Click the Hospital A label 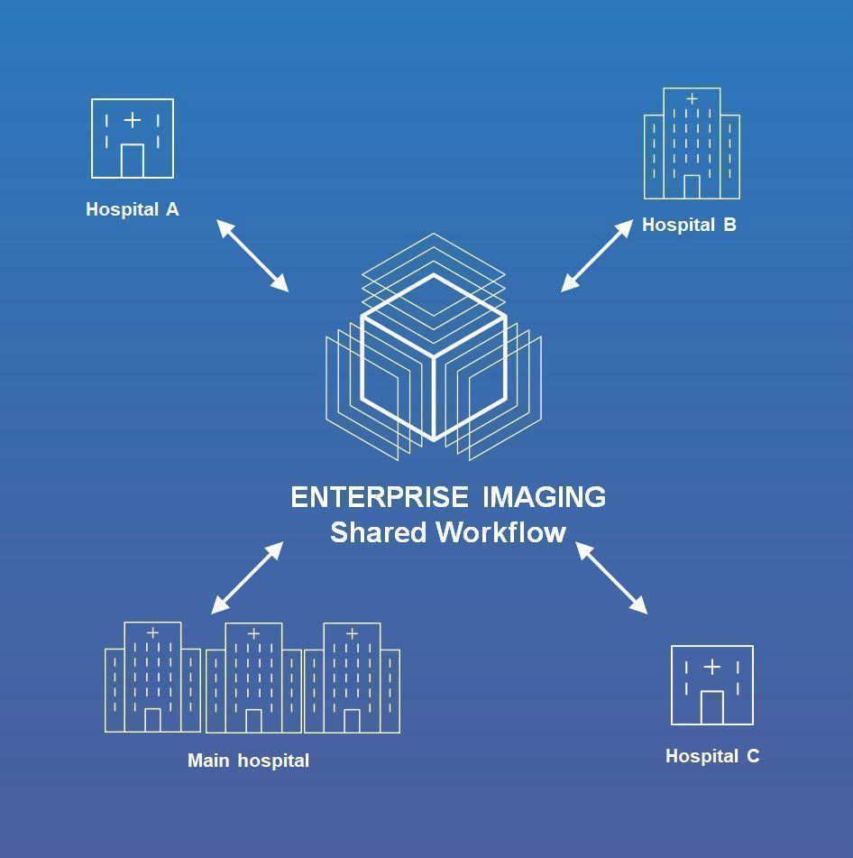coord(133,209)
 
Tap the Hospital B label coord(689,225)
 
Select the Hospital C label coord(712,756)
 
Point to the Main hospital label coord(248,761)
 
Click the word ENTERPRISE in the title coord(380,497)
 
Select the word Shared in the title coord(378,532)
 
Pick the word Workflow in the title coord(500,532)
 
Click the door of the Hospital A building coord(133,161)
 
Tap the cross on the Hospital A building coord(132,119)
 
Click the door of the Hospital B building coord(692,187)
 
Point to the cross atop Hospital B coord(692,98)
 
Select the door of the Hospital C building coord(712,707)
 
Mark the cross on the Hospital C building coord(711,667)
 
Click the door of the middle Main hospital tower coord(253,720)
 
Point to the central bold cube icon coord(434,356)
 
